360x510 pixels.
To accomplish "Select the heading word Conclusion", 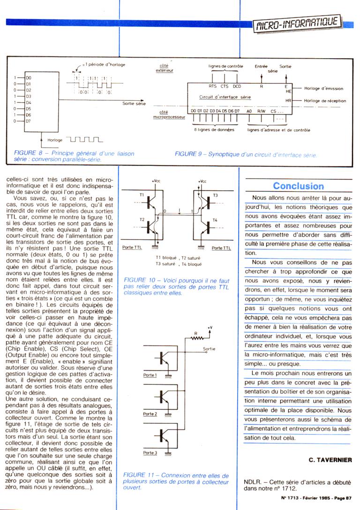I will (x=298, y=186).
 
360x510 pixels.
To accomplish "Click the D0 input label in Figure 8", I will (x=28, y=77).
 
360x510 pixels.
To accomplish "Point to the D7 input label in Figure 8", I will (x=28, y=121).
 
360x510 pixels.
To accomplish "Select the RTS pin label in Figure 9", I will (x=212, y=86).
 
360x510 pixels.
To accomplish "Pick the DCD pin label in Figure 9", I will (x=237, y=86).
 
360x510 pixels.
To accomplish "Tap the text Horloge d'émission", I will (x=323, y=89).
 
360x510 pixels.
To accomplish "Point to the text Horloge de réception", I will (x=324, y=101).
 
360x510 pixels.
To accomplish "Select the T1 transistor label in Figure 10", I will (x=142, y=194).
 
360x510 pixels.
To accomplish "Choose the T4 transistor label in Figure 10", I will (x=215, y=220).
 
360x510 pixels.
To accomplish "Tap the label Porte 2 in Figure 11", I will (x=150, y=414).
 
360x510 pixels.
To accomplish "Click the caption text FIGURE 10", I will (x=135, y=281).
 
